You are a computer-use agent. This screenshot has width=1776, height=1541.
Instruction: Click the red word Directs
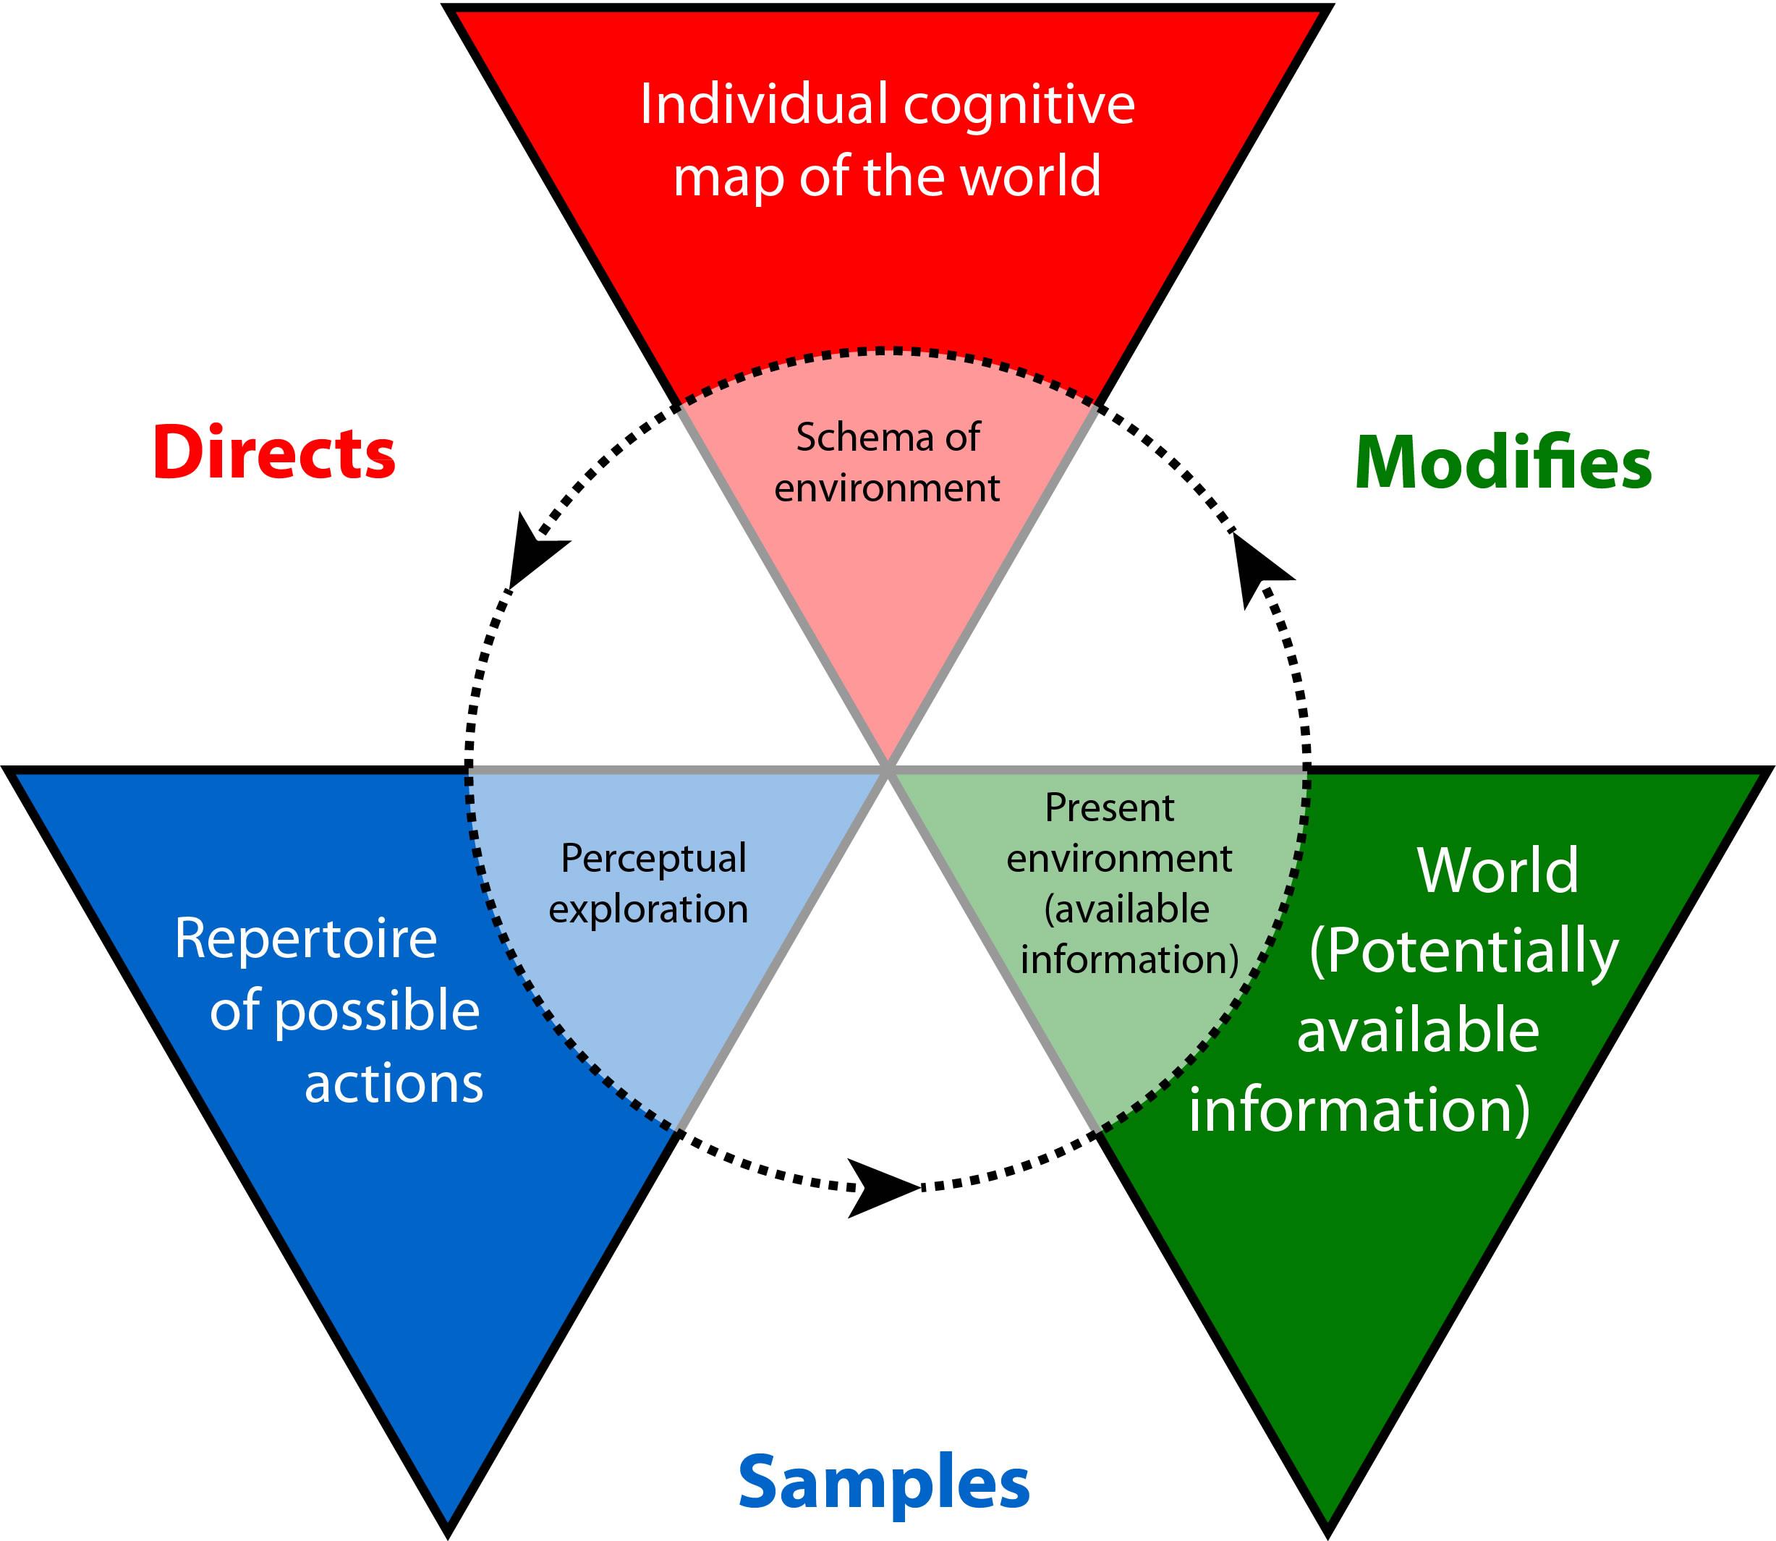tap(274, 453)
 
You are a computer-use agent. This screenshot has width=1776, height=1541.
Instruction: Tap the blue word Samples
tap(884, 1482)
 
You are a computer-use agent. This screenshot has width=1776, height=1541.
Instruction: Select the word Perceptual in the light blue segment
tap(653, 858)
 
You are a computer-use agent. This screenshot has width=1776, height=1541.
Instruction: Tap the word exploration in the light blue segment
tap(648, 909)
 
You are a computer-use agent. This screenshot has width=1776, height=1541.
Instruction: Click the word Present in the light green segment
tap(1109, 807)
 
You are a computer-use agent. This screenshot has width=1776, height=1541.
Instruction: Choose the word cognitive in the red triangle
tap(1019, 104)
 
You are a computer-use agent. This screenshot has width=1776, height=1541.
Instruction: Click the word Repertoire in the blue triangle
tap(305, 938)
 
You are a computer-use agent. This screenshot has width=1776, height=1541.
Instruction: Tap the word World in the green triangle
tap(1497, 870)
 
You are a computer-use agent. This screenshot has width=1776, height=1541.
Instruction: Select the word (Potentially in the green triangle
tap(1463, 953)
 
